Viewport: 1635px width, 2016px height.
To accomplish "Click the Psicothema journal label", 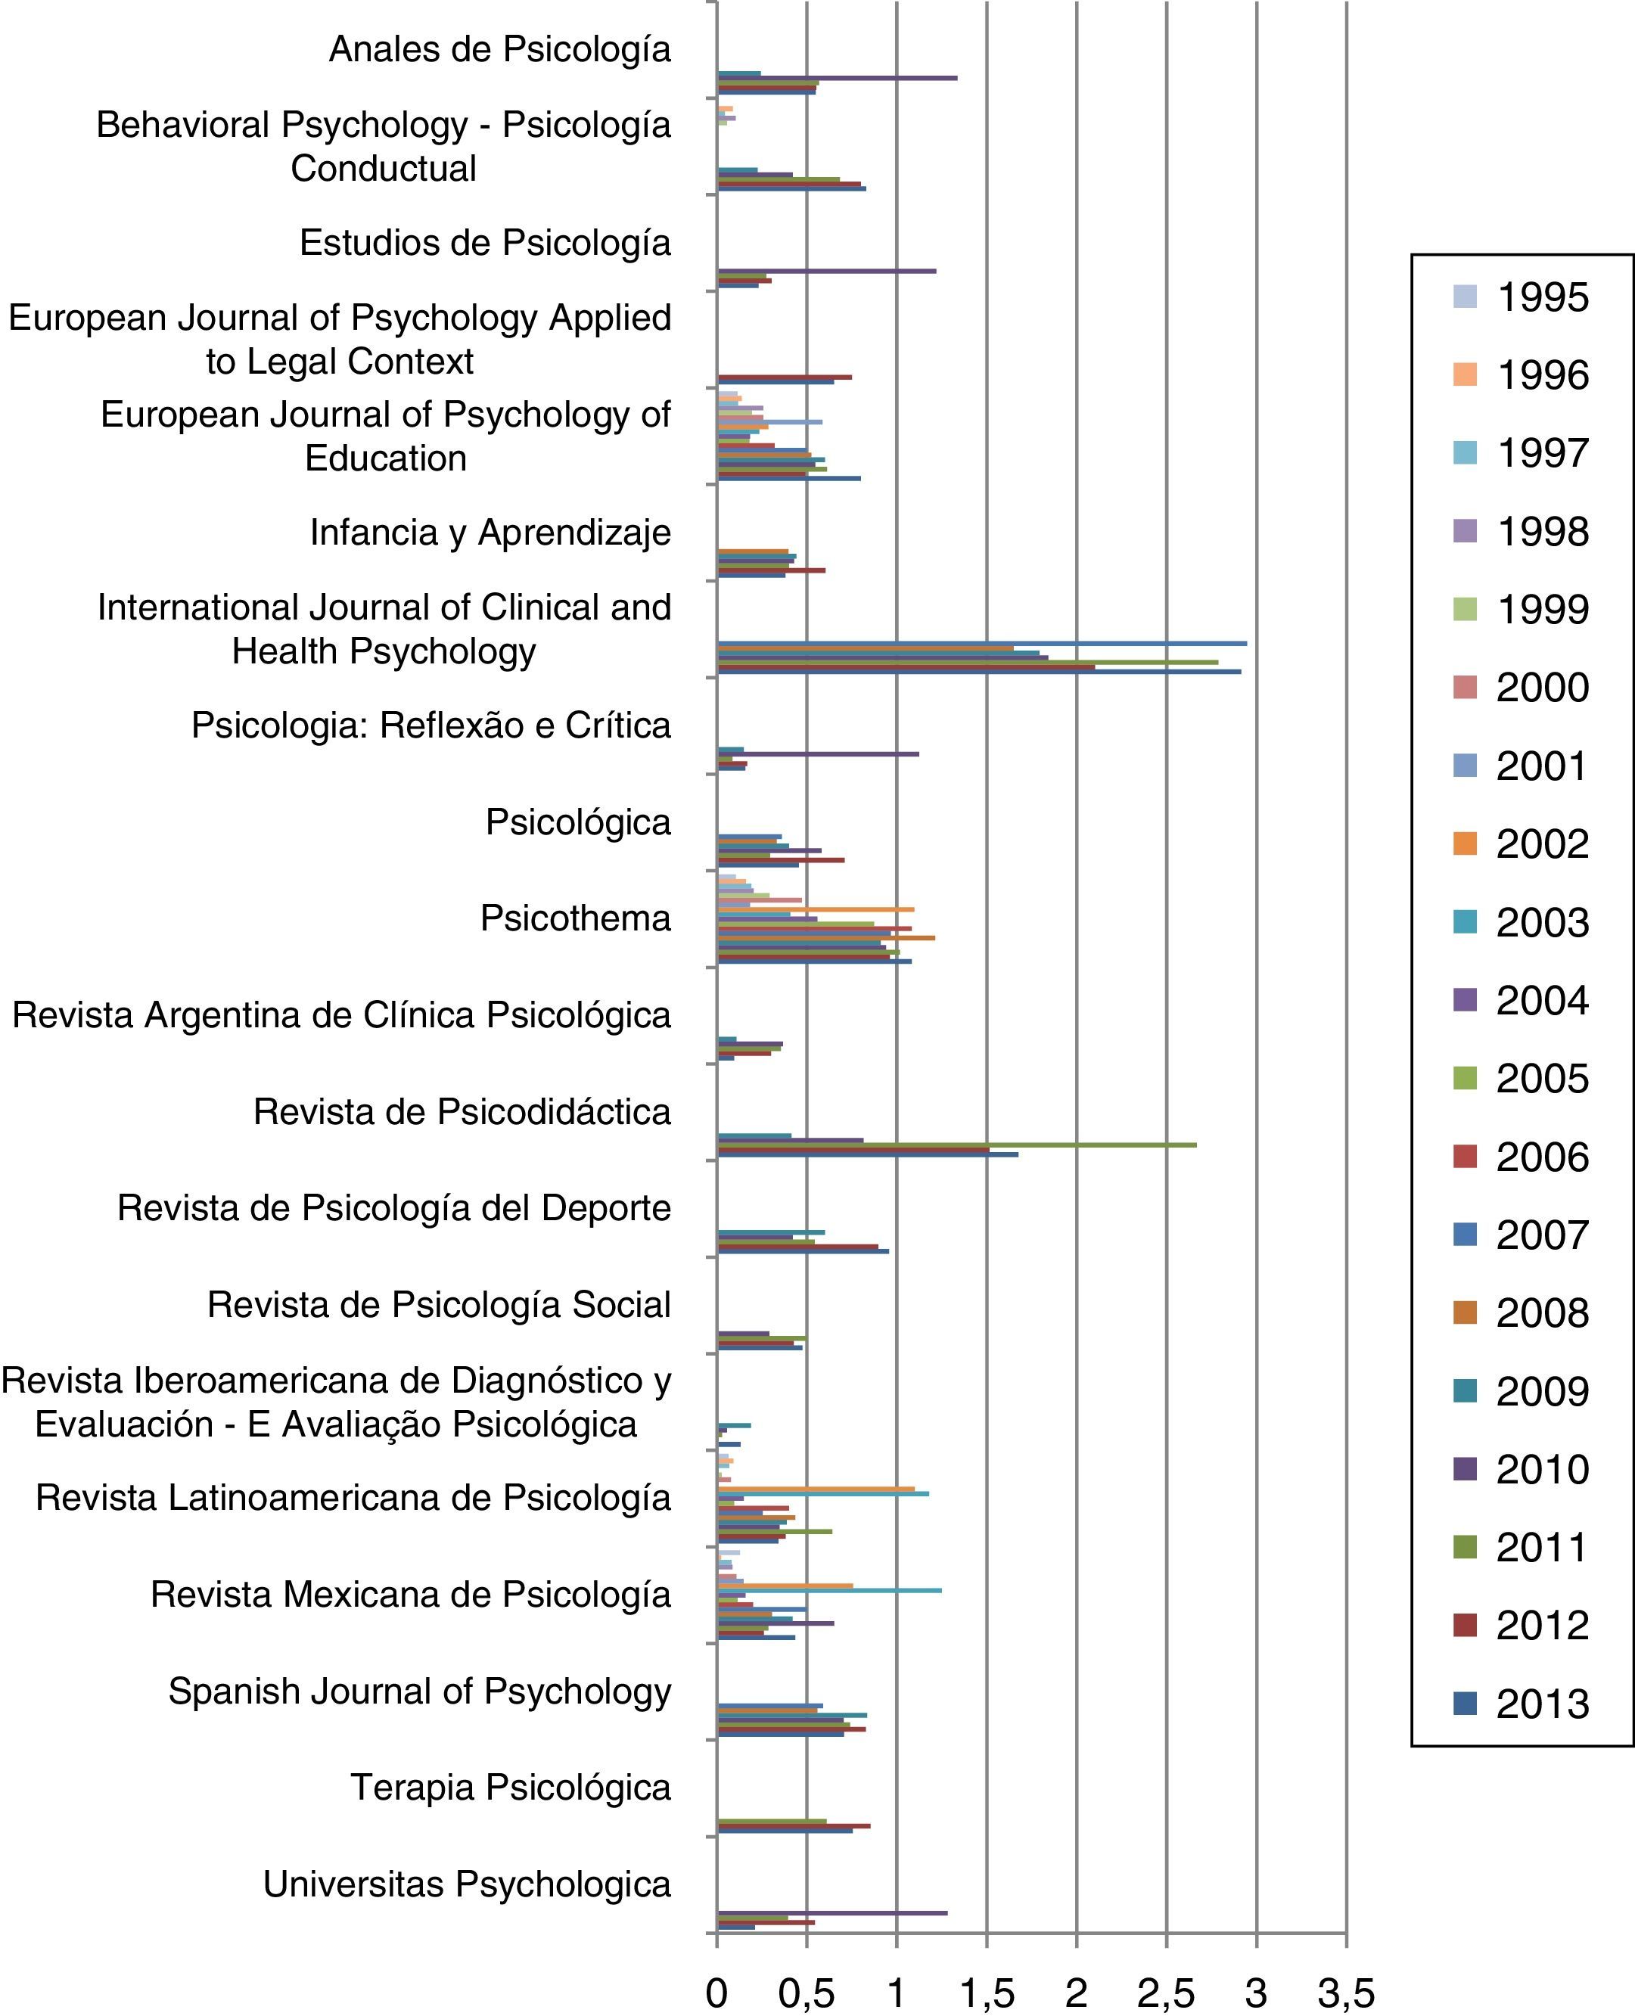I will pyautogui.click(x=576, y=918).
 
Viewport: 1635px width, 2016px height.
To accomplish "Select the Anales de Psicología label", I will pyautogui.click(x=500, y=50).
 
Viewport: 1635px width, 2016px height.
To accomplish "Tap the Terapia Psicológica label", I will pyautogui.click(x=511, y=1788).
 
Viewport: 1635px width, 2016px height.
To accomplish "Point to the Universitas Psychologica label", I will pyautogui.click(x=467, y=1884).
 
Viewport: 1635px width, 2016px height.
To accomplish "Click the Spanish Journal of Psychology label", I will pyautogui.click(x=420, y=1691).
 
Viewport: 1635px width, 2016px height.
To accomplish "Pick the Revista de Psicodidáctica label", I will pyautogui.click(x=462, y=1112).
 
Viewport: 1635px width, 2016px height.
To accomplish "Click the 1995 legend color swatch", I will pyautogui.click(x=1465, y=297).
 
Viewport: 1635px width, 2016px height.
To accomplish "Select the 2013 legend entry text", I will pyautogui.click(x=1543, y=1704).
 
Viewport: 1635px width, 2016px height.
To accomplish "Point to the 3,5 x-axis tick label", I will pyautogui.click(x=1346, y=1993).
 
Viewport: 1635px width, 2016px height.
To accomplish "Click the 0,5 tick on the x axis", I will pyautogui.click(x=807, y=1993).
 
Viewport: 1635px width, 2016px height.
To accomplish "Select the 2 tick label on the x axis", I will pyautogui.click(x=1076, y=1993).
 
